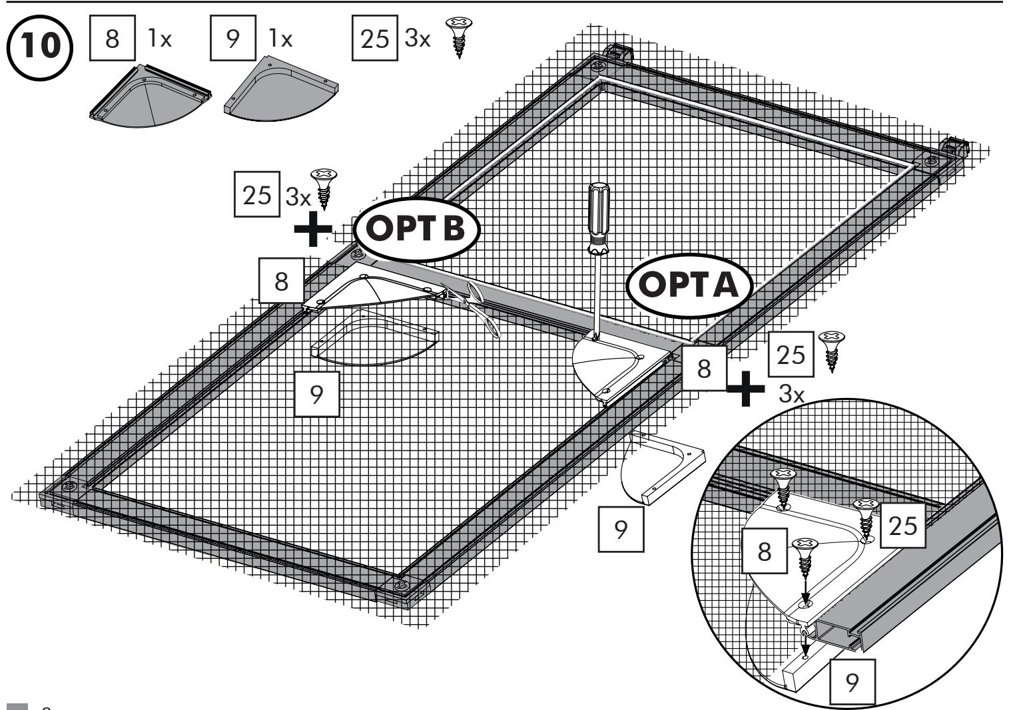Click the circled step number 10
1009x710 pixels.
tap(40, 48)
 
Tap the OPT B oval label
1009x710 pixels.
tap(417, 230)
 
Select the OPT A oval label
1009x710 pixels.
tap(689, 285)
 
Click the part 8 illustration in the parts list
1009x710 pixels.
tap(150, 96)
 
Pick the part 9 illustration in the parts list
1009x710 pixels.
tap(281, 89)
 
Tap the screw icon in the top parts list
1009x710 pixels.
tap(459, 37)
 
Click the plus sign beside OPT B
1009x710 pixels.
tap(313, 229)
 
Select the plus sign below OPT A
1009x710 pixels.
tap(745, 389)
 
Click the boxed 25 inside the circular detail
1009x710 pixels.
tap(902, 526)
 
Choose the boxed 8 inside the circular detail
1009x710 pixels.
tap(764, 551)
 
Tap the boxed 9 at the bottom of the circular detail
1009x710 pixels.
tap(852, 682)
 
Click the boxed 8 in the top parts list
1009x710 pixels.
tap(112, 38)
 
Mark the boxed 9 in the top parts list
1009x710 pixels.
tap(233, 38)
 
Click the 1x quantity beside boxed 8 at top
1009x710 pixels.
tap(160, 38)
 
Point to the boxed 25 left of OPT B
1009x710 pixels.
tap(257, 194)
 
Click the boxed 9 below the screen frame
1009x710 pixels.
tap(621, 529)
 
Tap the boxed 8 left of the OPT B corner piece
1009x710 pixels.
tap(281, 281)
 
